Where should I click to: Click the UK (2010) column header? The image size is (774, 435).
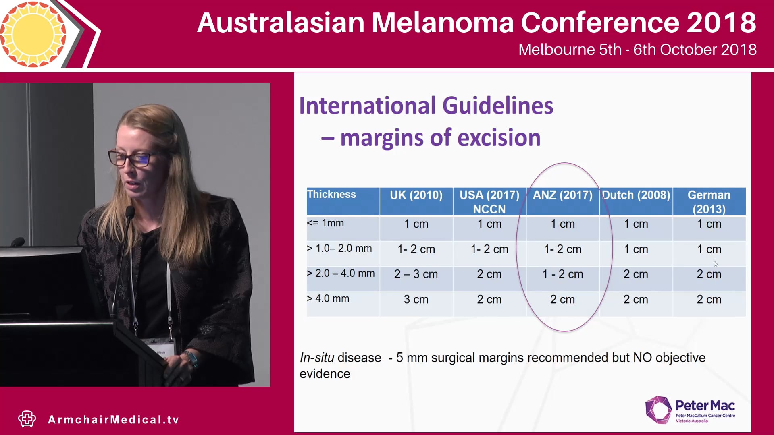tap(416, 195)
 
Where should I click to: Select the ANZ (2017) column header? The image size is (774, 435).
tap(562, 195)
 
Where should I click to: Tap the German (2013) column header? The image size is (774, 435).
tap(709, 202)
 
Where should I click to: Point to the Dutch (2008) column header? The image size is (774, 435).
tap(636, 195)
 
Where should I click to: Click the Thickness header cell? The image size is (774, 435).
tap(331, 195)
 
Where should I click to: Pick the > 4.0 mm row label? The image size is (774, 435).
tap(328, 299)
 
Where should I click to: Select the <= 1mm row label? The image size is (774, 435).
tap(325, 223)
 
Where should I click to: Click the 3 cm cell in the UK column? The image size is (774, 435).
tap(416, 300)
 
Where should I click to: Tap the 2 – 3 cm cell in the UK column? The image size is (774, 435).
tap(416, 274)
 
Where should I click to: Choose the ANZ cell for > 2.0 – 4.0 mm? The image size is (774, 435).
tap(562, 274)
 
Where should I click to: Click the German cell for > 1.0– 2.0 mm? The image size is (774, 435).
tap(709, 249)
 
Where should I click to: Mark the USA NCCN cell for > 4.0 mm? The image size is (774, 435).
tap(489, 300)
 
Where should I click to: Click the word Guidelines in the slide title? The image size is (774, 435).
tap(497, 106)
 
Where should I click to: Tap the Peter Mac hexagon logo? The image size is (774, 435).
tap(658, 410)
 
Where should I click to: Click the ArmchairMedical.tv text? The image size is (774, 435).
tap(113, 420)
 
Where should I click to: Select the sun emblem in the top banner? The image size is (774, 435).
tap(33, 34)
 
